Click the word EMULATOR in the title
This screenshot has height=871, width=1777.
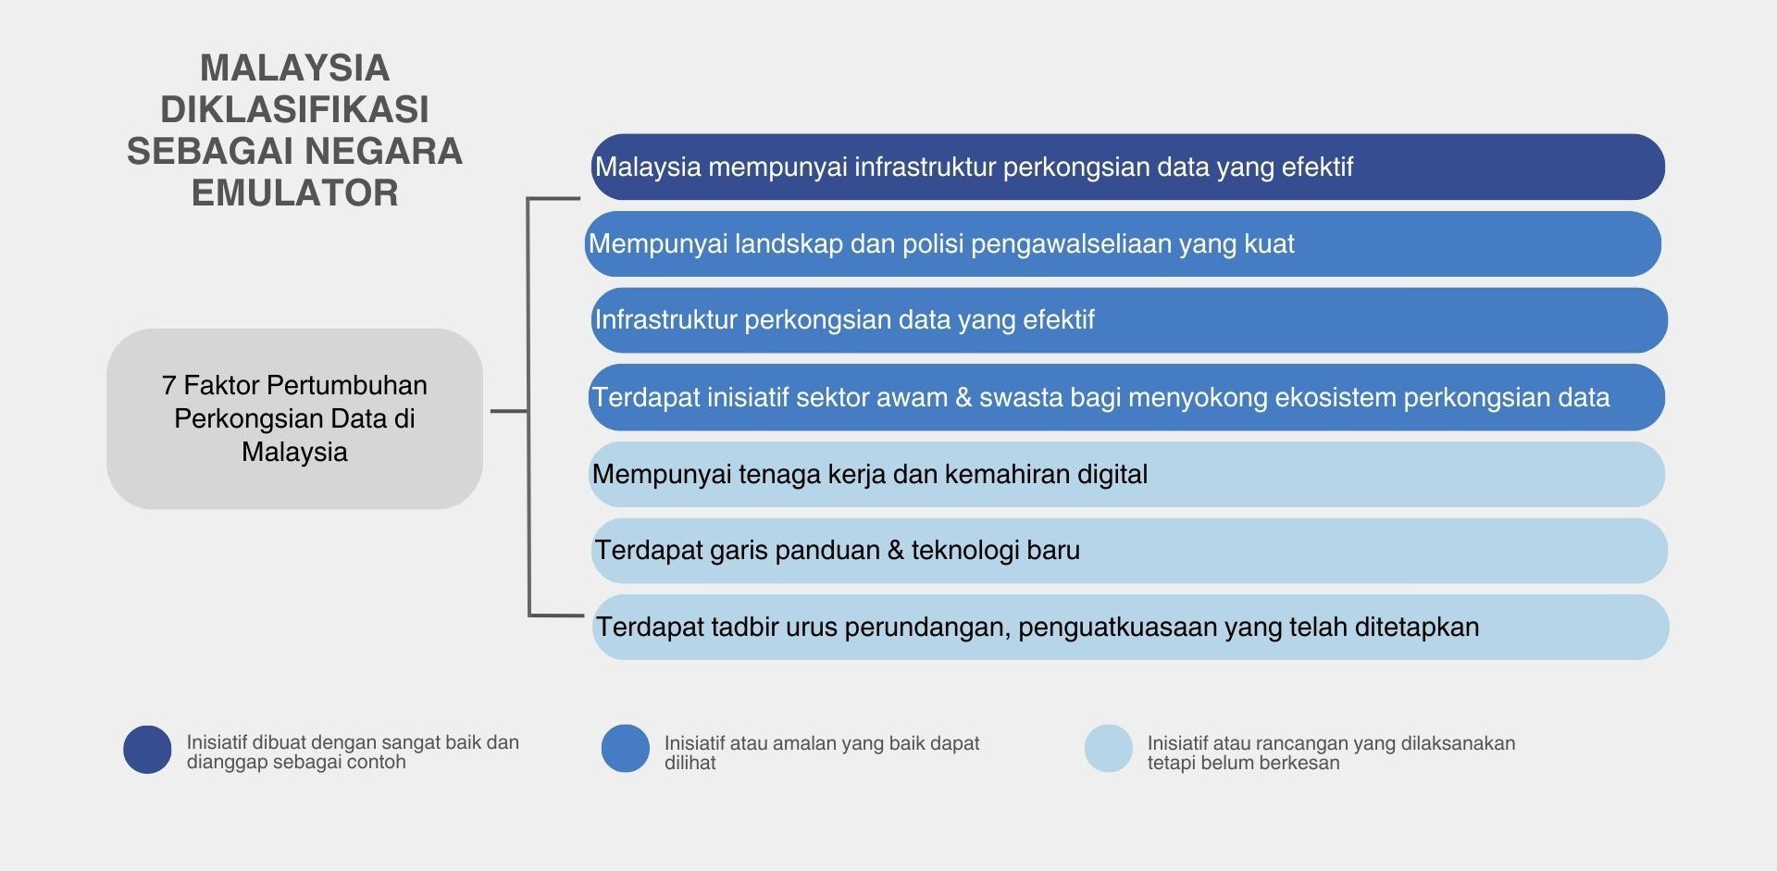pos(294,193)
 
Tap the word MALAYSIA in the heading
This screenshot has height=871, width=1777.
pos(294,68)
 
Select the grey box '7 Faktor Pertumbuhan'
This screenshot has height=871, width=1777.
pos(294,418)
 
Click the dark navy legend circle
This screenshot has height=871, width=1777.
pos(147,749)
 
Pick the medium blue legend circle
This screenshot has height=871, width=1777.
pos(626,749)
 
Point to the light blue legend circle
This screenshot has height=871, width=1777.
pos(1109,749)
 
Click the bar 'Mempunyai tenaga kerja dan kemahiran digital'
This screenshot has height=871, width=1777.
pos(1126,474)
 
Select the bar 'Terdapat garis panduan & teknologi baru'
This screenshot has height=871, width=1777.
pos(1129,551)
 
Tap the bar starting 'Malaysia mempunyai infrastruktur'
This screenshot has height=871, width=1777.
pos(1128,167)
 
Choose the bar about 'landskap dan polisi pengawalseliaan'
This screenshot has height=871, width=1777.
pos(1123,243)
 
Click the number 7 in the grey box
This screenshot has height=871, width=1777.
pos(168,385)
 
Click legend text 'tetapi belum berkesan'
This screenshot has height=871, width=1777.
pos(1244,763)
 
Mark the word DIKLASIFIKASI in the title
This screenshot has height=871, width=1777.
pos(294,109)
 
